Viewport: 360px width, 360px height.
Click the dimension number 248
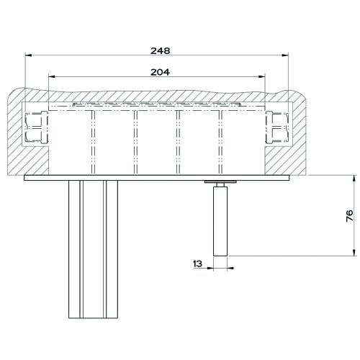click(161, 51)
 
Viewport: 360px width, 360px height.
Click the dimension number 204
click(160, 72)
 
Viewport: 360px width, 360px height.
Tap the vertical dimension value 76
click(350, 216)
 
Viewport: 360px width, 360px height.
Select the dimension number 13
click(197, 264)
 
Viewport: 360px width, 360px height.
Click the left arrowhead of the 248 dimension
click(28, 55)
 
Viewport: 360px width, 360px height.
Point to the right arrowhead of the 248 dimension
click(285, 55)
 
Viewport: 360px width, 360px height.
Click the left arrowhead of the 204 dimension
click(52, 76)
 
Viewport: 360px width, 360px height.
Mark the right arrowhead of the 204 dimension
click(262, 76)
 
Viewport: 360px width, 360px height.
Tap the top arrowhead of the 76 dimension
click(354, 179)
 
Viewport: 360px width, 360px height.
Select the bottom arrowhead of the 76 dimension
click(354, 253)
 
